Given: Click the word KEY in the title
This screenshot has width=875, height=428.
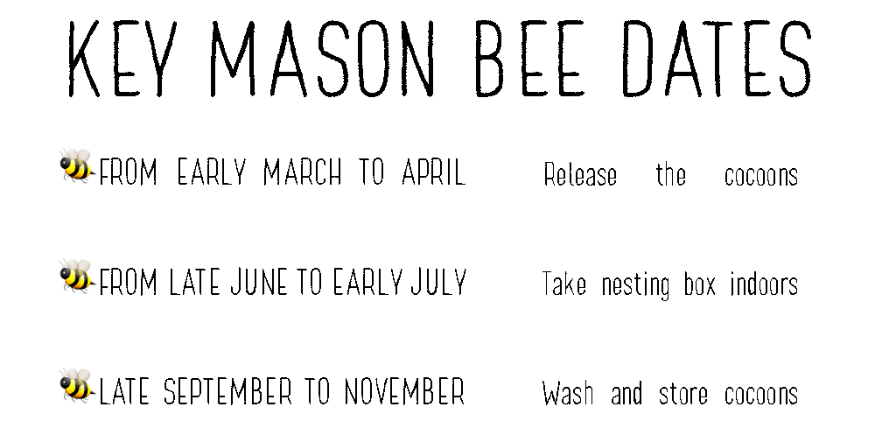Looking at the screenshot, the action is pyautogui.click(x=121, y=59).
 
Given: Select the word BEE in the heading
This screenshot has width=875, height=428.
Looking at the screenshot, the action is pyautogui.click(x=530, y=59).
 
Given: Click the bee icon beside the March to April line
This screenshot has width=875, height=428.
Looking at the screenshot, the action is pyautogui.click(x=77, y=165).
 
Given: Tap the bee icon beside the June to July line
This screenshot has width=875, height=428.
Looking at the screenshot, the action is pyautogui.click(x=77, y=276).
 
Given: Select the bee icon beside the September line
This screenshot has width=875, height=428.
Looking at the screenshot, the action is pyautogui.click(x=77, y=385).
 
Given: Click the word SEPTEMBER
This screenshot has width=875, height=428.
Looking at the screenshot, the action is pyautogui.click(x=227, y=391).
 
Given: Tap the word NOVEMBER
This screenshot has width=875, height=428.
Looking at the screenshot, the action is pyautogui.click(x=404, y=391).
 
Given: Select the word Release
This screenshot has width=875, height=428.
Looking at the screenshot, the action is pyautogui.click(x=580, y=174).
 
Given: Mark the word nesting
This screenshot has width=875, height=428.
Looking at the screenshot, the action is pyautogui.click(x=635, y=285).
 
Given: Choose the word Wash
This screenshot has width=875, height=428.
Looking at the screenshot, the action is pyautogui.click(x=568, y=393).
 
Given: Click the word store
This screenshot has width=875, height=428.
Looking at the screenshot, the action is pyautogui.click(x=683, y=394).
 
